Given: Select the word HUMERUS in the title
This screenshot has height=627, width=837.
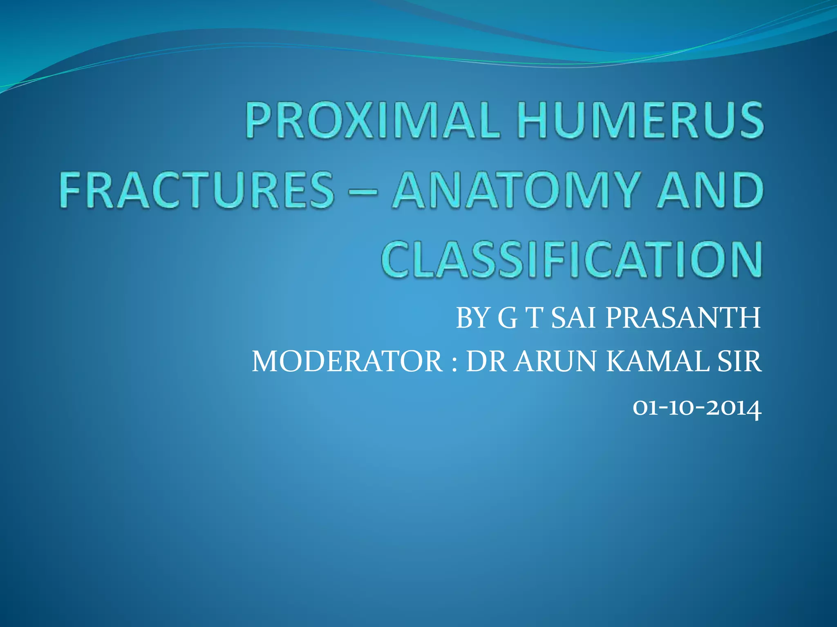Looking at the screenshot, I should (x=640, y=121).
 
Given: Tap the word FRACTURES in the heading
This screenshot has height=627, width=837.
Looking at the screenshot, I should (x=197, y=190).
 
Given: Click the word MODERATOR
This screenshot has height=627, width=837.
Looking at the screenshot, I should (x=347, y=362).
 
